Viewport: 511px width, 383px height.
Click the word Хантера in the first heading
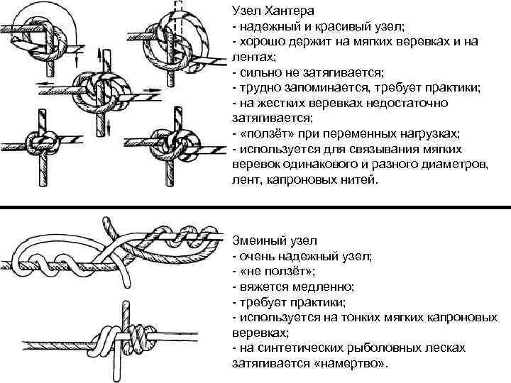click(285, 11)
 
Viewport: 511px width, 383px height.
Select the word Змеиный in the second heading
click(260, 240)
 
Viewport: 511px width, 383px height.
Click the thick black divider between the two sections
click(255, 209)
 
